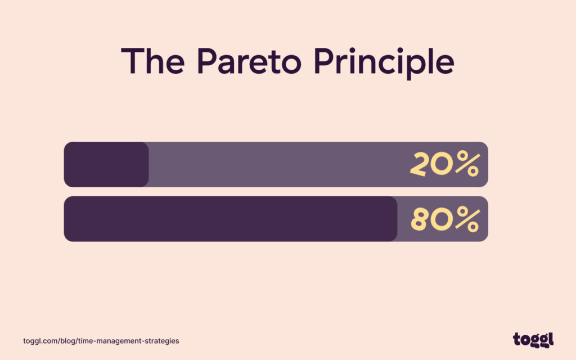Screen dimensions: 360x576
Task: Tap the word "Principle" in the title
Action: (388, 62)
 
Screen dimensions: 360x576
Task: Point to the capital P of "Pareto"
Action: (208, 61)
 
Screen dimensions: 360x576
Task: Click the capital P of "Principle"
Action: (330, 61)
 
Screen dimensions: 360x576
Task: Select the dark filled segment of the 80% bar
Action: (231, 219)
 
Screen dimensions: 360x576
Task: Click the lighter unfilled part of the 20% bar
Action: (276, 164)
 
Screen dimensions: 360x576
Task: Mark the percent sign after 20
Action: (467, 164)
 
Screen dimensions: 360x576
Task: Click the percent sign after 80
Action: (467, 219)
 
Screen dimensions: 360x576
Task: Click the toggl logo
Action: (533, 340)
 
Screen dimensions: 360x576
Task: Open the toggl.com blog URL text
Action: (101, 341)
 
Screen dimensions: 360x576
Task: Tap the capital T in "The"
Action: (131, 61)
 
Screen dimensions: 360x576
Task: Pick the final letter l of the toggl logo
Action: (551, 339)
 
